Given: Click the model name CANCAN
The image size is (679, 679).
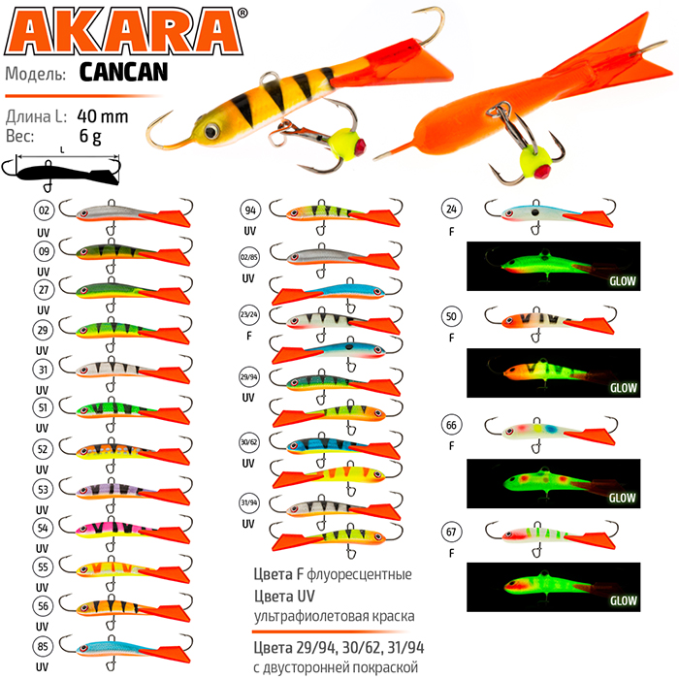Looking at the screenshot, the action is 124,73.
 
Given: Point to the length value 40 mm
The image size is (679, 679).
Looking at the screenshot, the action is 103,116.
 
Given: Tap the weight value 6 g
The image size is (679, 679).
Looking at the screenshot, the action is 90,137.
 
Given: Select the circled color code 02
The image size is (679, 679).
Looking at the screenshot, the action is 45,210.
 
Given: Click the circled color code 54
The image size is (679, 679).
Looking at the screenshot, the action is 43,528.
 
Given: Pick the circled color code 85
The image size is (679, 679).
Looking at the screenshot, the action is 43,646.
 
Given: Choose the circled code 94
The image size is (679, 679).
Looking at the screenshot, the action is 250,210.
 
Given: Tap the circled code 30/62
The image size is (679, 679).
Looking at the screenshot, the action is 249,442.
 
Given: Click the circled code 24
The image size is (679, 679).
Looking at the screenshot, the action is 452,209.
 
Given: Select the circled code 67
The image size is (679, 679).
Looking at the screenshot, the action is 451,532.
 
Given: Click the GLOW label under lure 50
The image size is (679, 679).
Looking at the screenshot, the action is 623,388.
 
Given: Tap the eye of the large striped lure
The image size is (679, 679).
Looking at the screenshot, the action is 211,130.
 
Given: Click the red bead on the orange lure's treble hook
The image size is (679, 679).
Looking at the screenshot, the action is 541,172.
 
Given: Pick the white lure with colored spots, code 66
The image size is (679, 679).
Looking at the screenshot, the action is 551,432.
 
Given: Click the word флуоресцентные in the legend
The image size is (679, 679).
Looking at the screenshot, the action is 360,574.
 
